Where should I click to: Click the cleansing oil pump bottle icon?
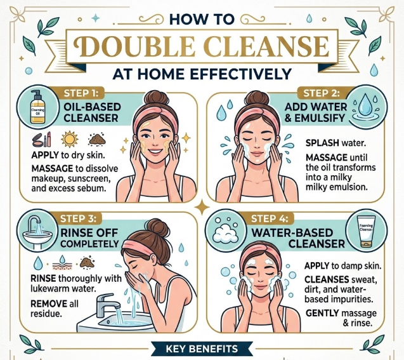(37, 107)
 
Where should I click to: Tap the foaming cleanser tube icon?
(366, 232)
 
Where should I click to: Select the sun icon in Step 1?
(70, 139)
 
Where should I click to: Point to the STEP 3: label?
(78, 218)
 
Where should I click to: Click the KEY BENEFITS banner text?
(202, 349)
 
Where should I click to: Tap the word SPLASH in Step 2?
(322, 143)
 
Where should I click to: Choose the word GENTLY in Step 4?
(322, 313)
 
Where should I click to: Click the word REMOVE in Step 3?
(49, 303)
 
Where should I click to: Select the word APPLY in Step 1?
(45, 155)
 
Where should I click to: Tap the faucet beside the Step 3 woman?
(107, 304)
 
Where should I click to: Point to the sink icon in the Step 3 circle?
(37, 233)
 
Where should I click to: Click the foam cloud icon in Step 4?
(225, 233)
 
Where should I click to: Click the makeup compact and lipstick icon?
(41, 139)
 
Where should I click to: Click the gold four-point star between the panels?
(202, 207)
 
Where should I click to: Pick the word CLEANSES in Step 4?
(327, 279)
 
